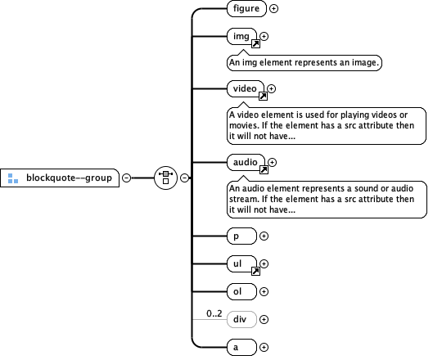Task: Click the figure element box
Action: (246, 9)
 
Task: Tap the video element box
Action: (246, 88)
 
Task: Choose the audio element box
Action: (246, 163)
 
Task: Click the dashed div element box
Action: (241, 319)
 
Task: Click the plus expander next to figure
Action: (273, 9)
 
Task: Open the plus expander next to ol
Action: (264, 290)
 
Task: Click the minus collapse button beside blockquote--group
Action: (126, 177)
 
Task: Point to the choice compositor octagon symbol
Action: (166, 177)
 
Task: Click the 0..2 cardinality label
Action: (214, 313)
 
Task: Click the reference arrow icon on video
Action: (263, 97)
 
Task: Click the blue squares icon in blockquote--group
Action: (13, 177)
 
